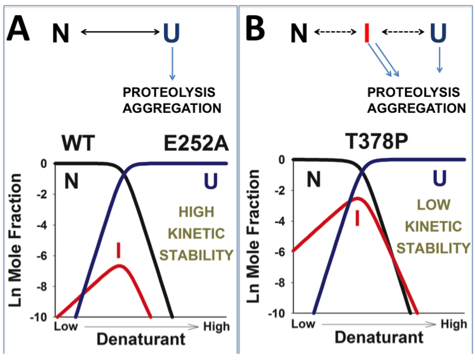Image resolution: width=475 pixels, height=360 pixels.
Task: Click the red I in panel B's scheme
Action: [367, 33]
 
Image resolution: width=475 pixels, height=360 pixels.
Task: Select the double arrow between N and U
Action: [120, 32]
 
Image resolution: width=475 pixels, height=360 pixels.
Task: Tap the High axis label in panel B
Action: [453, 323]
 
